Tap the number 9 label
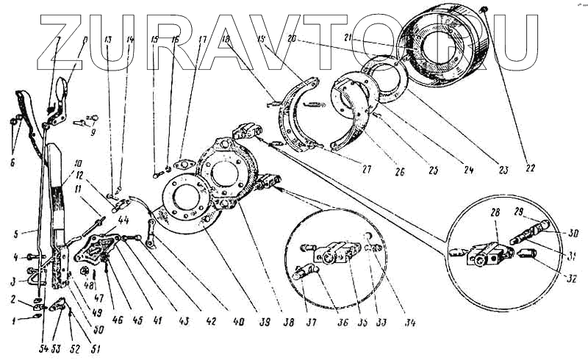pyautogui.click(x=93, y=134)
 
